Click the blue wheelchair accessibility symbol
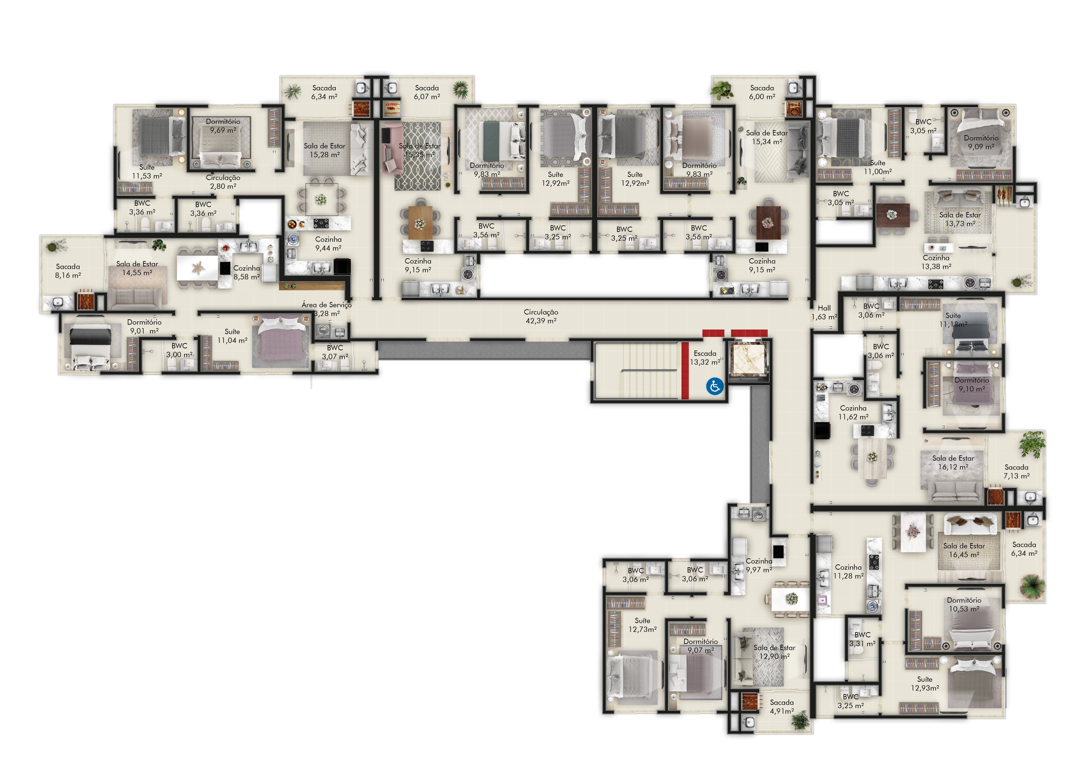(715, 386)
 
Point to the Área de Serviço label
(326, 305)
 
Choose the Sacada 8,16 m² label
(68, 271)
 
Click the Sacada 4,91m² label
(782, 706)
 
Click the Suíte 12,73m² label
(642, 625)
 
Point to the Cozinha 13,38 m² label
(936, 262)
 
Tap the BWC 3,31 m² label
(863, 639)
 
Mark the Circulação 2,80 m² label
(223, 182)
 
